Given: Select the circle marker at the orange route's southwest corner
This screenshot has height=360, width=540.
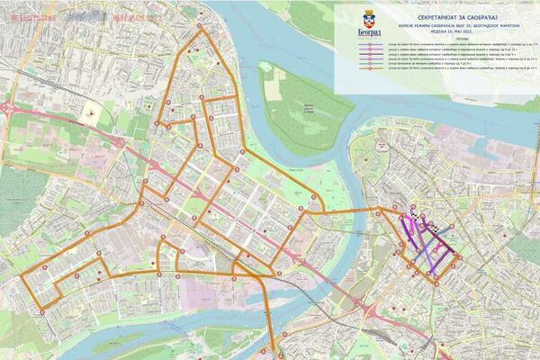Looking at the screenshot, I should [42, 312].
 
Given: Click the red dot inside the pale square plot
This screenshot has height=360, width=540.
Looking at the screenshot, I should [91, 114].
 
